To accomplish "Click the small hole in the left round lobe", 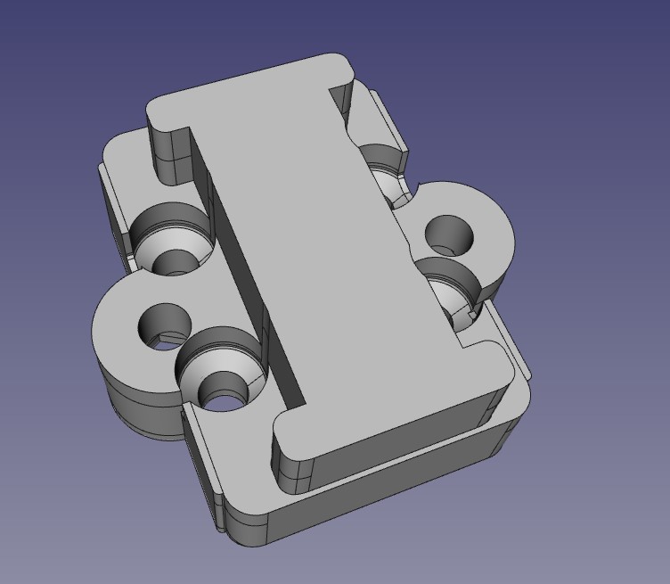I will (164, 325).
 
